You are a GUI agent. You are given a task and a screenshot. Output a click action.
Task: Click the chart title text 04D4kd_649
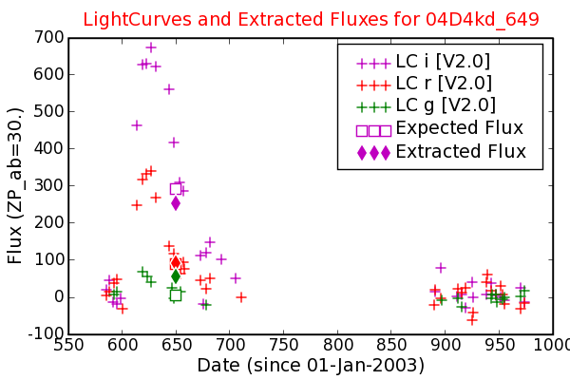tap(482, 20)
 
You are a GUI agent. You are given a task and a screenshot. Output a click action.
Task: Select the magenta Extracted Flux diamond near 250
tap(176, 203)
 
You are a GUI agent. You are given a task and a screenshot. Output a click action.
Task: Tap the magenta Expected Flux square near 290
tap(176, 189)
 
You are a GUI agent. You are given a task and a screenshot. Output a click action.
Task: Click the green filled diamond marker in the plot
tap(176, 276)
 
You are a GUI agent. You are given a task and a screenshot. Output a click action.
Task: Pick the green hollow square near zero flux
tap(176, 294)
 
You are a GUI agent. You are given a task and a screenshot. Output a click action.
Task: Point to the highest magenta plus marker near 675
tap(151, 47)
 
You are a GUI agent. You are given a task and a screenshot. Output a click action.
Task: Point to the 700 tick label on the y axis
tap(48, 37)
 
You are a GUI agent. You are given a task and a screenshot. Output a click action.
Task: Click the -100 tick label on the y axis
tap(47, 333)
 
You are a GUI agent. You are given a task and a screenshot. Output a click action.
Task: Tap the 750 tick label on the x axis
tap(283, 345)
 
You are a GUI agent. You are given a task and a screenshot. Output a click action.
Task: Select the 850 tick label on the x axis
tap(391, 345)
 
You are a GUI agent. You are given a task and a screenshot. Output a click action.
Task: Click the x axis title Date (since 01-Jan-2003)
tap(311, 365)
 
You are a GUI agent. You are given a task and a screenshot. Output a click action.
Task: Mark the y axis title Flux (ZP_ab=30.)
tap(15, 186)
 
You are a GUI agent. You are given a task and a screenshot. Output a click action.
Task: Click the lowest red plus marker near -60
tap(472, 320)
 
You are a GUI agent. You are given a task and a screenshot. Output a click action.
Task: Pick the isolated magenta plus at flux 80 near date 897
tap(441, 268)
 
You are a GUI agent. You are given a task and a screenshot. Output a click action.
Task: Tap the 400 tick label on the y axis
tap(48, 148)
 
